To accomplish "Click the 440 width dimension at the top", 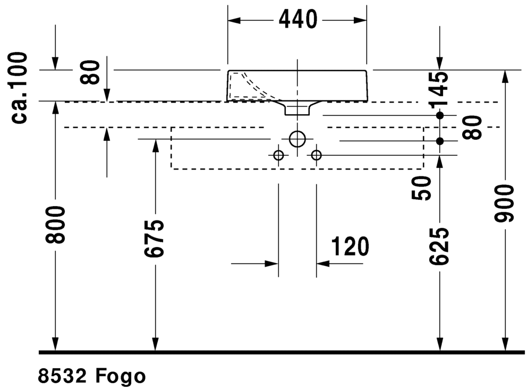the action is pyautogui.click(x=298, y=20).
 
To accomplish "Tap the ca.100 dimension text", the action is pyautogui.click(x=19, y=88).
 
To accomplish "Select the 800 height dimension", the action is pyautogui.click(x=55, y=225).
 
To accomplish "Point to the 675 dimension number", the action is pyautogui.click(x=154, y=239).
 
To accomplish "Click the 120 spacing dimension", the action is pyautogui.click(x=350, y=247).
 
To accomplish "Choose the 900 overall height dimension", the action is pyautogui.click(x=505, y=204).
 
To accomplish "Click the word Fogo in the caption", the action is pyautogui.click(x=121, y=376).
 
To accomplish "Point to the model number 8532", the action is pyautogui.click(x=63, y=376).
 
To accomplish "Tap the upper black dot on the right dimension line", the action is pyautogui.click(x=440, y=116).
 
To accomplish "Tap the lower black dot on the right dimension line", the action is pyautogui.click(x=440, y=141).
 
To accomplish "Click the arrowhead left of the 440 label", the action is pyautogui.click(x=234, y=21).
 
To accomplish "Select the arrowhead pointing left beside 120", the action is pyautogui.click(x=322, y=264).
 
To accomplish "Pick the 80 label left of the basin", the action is pyautogui.click(x=90, y=72).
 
